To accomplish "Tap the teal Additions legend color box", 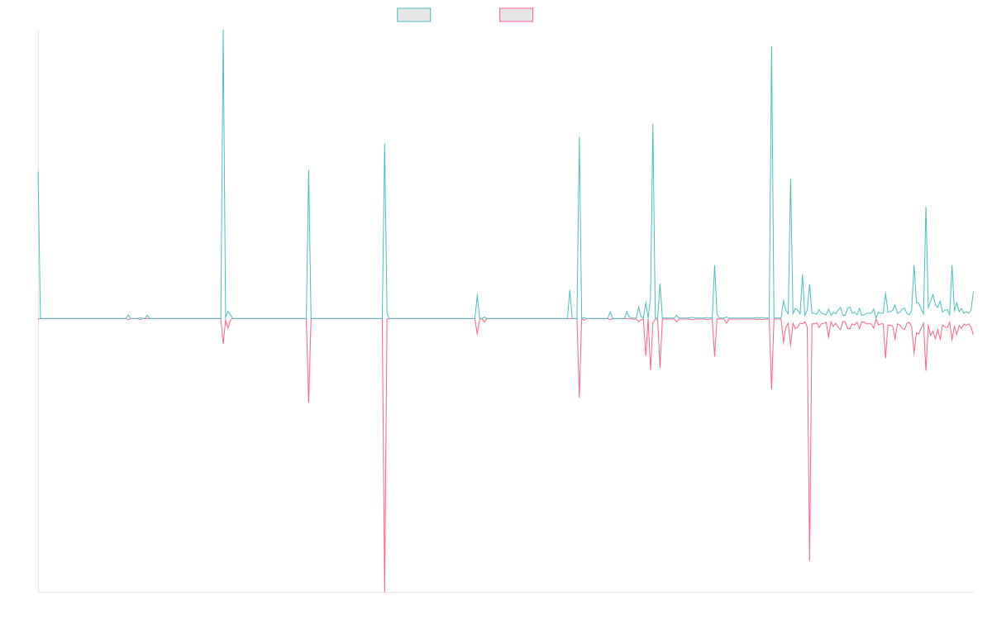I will tap(414, 15).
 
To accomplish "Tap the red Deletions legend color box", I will tap(517, 15).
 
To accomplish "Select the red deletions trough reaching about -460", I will tap(809, 560).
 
